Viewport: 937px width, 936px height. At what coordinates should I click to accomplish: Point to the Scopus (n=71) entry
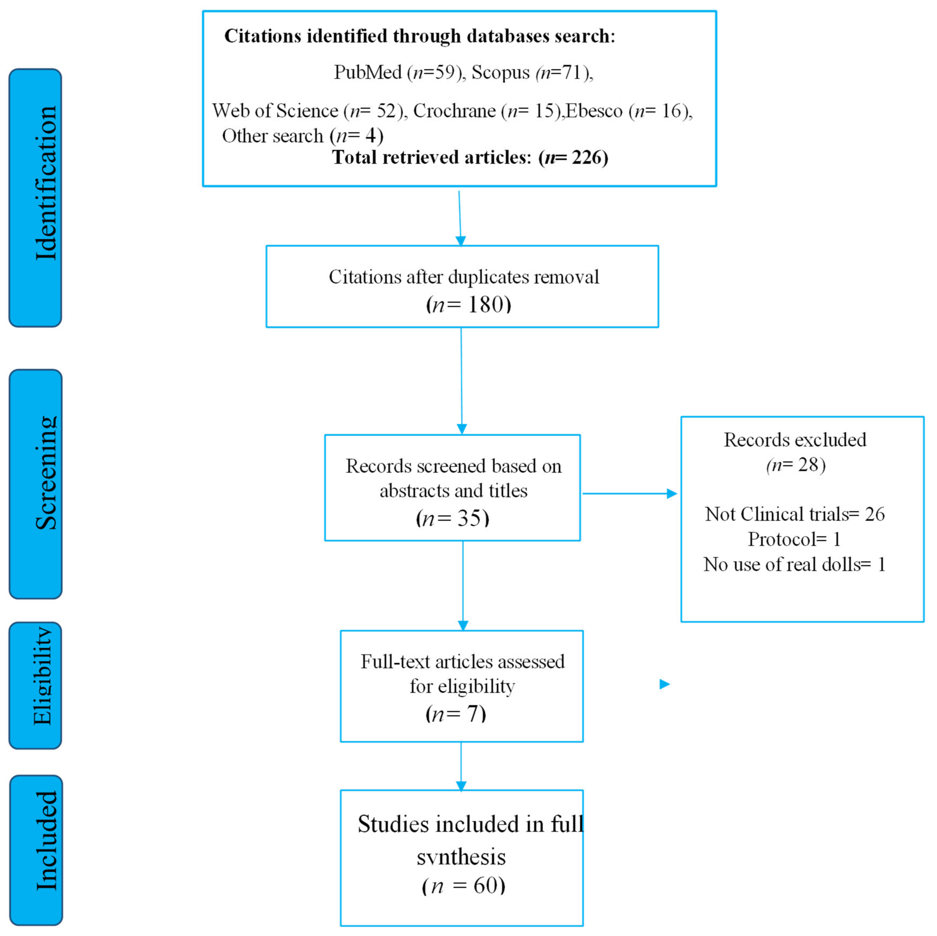[532, 73]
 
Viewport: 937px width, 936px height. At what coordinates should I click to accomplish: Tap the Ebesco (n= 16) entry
[629, 111]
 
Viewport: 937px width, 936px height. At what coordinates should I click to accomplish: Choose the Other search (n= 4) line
[303, 136]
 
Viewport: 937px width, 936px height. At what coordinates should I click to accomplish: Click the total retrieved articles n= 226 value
[573, 158]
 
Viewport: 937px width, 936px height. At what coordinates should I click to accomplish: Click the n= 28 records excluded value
[796, 465]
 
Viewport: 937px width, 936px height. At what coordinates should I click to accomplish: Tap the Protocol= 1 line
[794, 539]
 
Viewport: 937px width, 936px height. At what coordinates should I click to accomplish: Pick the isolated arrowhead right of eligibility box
[664, 684]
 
